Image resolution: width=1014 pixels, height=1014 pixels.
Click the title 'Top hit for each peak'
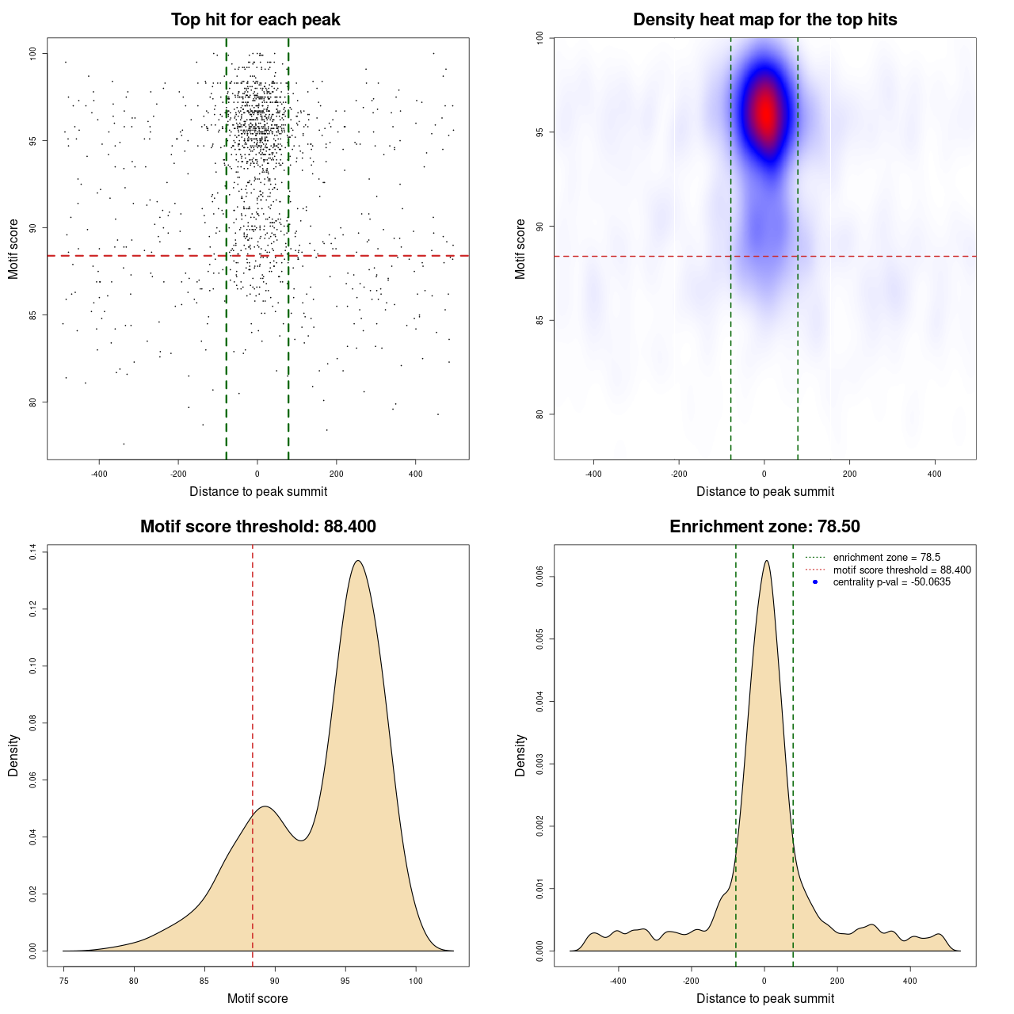pos(255,20)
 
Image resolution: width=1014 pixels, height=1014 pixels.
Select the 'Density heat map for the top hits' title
pos(764,20)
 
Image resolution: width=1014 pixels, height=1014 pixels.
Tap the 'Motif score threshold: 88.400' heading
pos(257,527)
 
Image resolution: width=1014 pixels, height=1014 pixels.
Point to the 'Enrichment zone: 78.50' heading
pos(764,527)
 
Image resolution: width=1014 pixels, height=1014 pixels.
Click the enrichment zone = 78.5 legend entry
pos(886,558)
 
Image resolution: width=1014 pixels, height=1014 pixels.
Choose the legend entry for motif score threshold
pos(902,570)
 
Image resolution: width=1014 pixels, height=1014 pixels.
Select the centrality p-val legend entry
pos(891,582)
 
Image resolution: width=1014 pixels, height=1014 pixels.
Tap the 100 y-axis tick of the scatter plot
pos(33,53)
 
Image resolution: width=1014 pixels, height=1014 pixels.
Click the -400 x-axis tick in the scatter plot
pos(99,475)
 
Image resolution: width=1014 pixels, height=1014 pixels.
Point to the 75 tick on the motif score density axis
pos(64,982)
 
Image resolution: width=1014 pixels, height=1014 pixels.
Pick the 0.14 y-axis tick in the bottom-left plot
pos(33,551)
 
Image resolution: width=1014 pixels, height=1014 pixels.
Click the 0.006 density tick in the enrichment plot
pos(540,578)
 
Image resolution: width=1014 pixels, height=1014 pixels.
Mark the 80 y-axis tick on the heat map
pos(540,414)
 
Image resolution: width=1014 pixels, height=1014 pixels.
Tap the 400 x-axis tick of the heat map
pos(935,475)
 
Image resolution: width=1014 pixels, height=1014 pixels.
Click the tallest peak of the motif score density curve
pos(358,561)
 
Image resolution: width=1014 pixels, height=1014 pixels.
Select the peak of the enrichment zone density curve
pos(766,561)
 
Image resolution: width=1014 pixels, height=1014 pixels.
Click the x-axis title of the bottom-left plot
pos(257,998)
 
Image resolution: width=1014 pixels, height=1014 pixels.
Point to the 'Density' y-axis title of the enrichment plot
pos(520,755)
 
